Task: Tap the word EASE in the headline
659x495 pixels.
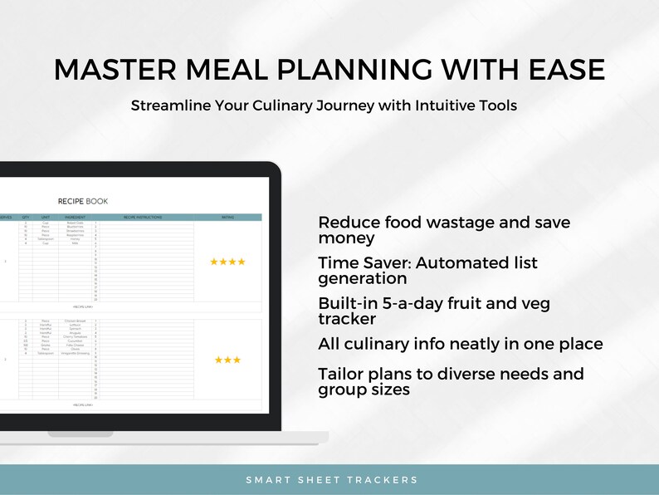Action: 564,70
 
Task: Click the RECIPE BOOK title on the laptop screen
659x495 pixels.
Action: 83,201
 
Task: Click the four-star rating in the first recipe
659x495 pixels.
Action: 227,262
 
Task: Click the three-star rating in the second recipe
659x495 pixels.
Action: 227,360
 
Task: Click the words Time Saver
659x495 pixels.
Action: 364,263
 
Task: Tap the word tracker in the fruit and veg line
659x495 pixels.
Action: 347,319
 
